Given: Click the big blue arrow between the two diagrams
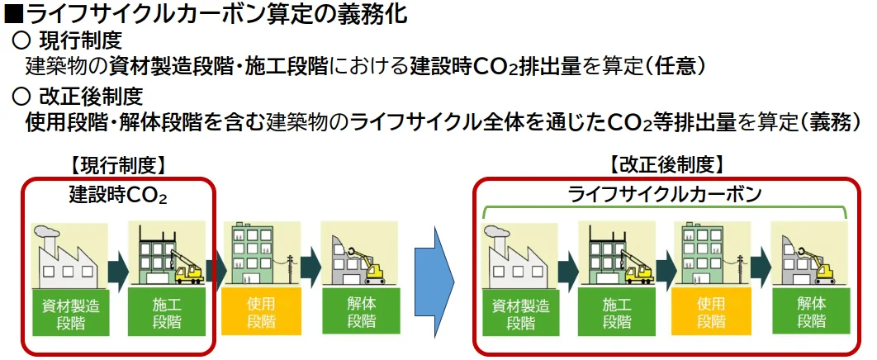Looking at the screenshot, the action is [x=434, y=278].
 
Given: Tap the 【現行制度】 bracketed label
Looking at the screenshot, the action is [x=117, y=166].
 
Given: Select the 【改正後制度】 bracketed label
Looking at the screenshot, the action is [x=666, y=166].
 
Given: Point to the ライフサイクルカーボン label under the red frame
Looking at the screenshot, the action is [x=665, y=195].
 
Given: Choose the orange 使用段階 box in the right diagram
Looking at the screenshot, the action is [x=712, y=312].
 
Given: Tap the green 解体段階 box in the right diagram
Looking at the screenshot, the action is [x=812, y=312].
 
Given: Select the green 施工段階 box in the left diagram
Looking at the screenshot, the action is [x=167, y=312].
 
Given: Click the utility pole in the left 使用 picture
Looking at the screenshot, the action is [x=291, y=269].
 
